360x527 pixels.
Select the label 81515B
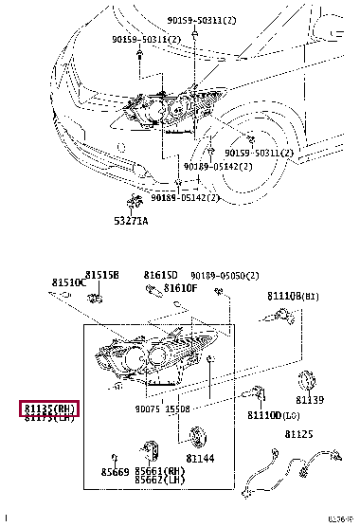click(x=101, y=275)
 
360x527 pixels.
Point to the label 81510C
click(x=69, y=282)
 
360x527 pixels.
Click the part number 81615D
click(x=160, y=275)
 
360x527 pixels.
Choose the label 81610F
click(x=179, y=287)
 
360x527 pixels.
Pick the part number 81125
click(x=298, y=434)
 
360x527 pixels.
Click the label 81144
click(x=200, y=459)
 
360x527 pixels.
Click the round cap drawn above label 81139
click(x=308, y=381)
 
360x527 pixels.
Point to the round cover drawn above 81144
click(x=198, y=438)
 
